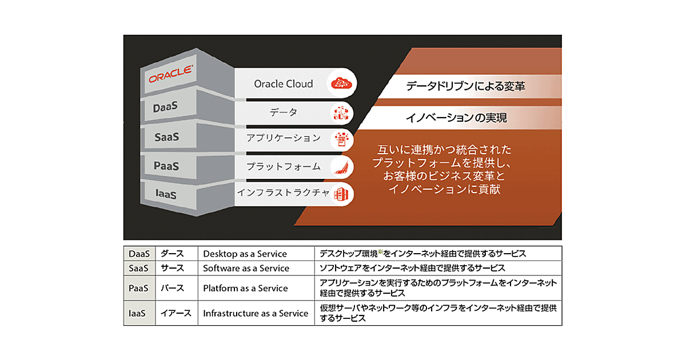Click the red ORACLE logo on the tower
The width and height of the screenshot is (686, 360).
pyautogui.click(x=170, y=74)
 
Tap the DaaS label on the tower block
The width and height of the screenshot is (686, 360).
pyautogui.click(x=165, y=107)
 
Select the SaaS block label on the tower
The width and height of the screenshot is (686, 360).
pyautogui.click(x=166, y=137)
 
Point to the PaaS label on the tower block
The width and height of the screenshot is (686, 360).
pyautogui.click(x=166, y=166)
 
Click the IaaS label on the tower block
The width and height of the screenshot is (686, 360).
pyautogui.click(x=166, y=194)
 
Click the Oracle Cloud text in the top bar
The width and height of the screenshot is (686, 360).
pyautogui.click(x=284, y=83)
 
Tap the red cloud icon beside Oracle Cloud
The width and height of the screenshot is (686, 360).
pyautogui.click(x=341, y=83)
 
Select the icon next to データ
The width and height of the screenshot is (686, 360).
pyautogui.click(x=341, y=113)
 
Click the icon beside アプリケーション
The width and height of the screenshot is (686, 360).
pyautogui.click(x=342, y=139)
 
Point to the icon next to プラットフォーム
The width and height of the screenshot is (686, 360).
pyautogui.click(x=341, y=167)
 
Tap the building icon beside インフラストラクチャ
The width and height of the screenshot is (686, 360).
pyautogui.click(x=341, y=194)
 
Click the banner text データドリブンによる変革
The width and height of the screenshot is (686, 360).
pyautogui.click(x=465, y=86)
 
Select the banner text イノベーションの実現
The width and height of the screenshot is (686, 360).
pyautogui.click(x=456, y=118)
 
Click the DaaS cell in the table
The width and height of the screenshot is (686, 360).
pyautogui.click(x=139, y=254)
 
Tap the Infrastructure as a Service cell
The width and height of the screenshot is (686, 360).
pyautogui.click(x=256, y=313)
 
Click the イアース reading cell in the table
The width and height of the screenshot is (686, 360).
pyautogui.click(x=177, y=313)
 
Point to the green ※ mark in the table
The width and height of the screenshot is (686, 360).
pyautogui.click(x=381, y=251)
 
